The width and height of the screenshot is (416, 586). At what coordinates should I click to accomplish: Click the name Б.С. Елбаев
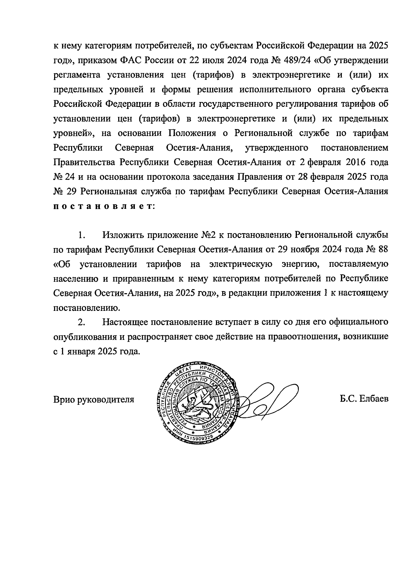tap(364, 399)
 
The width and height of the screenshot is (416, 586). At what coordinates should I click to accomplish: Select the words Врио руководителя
tap(94, 399)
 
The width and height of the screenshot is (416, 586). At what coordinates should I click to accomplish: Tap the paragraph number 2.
tap(81, 322)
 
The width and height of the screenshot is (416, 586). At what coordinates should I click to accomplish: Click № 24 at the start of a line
tap(64, 177)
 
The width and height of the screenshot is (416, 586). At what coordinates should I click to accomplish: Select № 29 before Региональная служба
tap(64, 192)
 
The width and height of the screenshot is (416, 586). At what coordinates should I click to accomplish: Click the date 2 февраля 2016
tap(325, 162)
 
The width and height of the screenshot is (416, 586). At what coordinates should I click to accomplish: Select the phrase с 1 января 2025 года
tap(97, 351)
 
